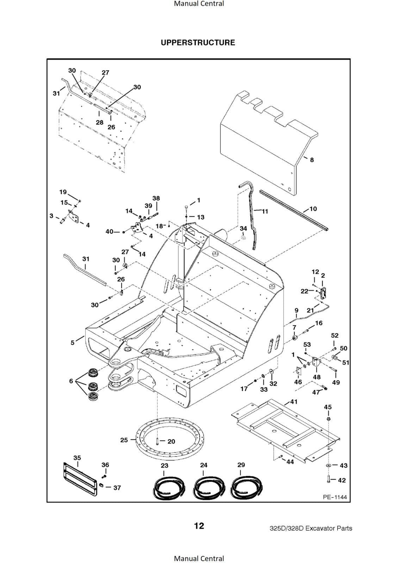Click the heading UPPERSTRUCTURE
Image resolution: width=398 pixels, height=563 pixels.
pos(198,43)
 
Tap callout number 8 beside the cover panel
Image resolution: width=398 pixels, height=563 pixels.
pos(312,160)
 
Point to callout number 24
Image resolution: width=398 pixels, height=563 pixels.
pos(204,465)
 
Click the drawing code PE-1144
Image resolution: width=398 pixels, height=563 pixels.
pos(335,497)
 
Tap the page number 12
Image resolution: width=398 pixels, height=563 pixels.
pos(199,526)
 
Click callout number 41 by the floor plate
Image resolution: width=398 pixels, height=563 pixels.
pos(294,401)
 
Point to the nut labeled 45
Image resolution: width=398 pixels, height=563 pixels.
pos(328,419)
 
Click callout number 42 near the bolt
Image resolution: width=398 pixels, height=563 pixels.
pos(342,480)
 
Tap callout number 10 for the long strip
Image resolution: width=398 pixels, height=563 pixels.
pos(313,209)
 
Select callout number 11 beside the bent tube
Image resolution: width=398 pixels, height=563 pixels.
pos(265,211)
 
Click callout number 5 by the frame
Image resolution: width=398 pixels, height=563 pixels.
pos(73,342)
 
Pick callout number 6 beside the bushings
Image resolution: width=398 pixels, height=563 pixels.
pos(71,381)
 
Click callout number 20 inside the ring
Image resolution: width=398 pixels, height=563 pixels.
pos(171,441)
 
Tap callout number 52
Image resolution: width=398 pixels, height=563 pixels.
pos(335,335)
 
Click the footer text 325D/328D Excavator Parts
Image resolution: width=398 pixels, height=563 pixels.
pos(311,528)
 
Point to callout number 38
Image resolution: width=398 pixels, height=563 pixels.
pos(156,198)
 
